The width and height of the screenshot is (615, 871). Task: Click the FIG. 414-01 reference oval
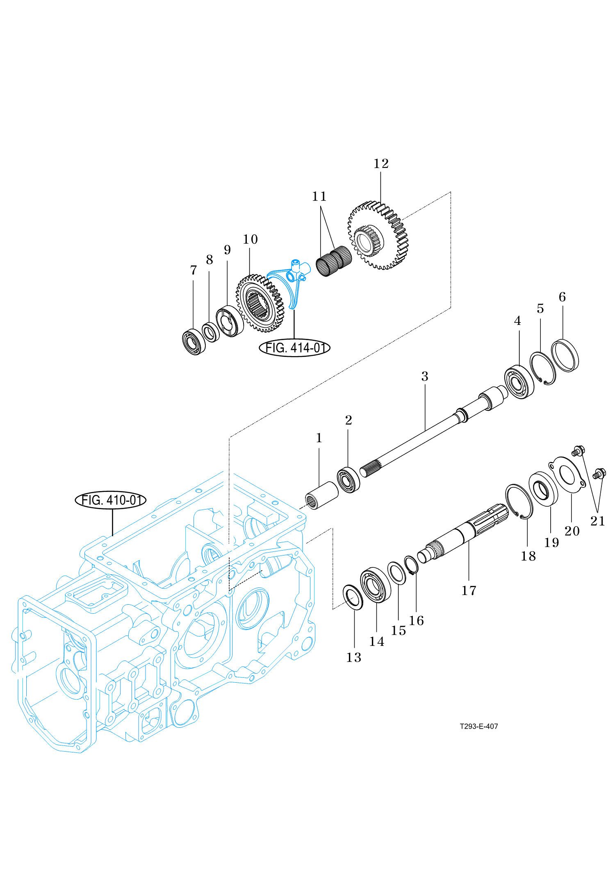point(294,348)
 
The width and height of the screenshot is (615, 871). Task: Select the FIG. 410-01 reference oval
point(111,500)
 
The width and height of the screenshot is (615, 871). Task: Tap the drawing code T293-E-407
point(478,726)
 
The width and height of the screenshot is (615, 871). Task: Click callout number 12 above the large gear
point(381,164)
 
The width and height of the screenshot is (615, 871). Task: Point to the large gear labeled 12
point(378,235)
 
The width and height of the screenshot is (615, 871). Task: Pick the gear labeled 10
point(260,303)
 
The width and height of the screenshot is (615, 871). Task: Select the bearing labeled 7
point(194,341)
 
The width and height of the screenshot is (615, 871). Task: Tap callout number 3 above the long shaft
point(425,377)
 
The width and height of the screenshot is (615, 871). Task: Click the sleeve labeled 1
point(322,495)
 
